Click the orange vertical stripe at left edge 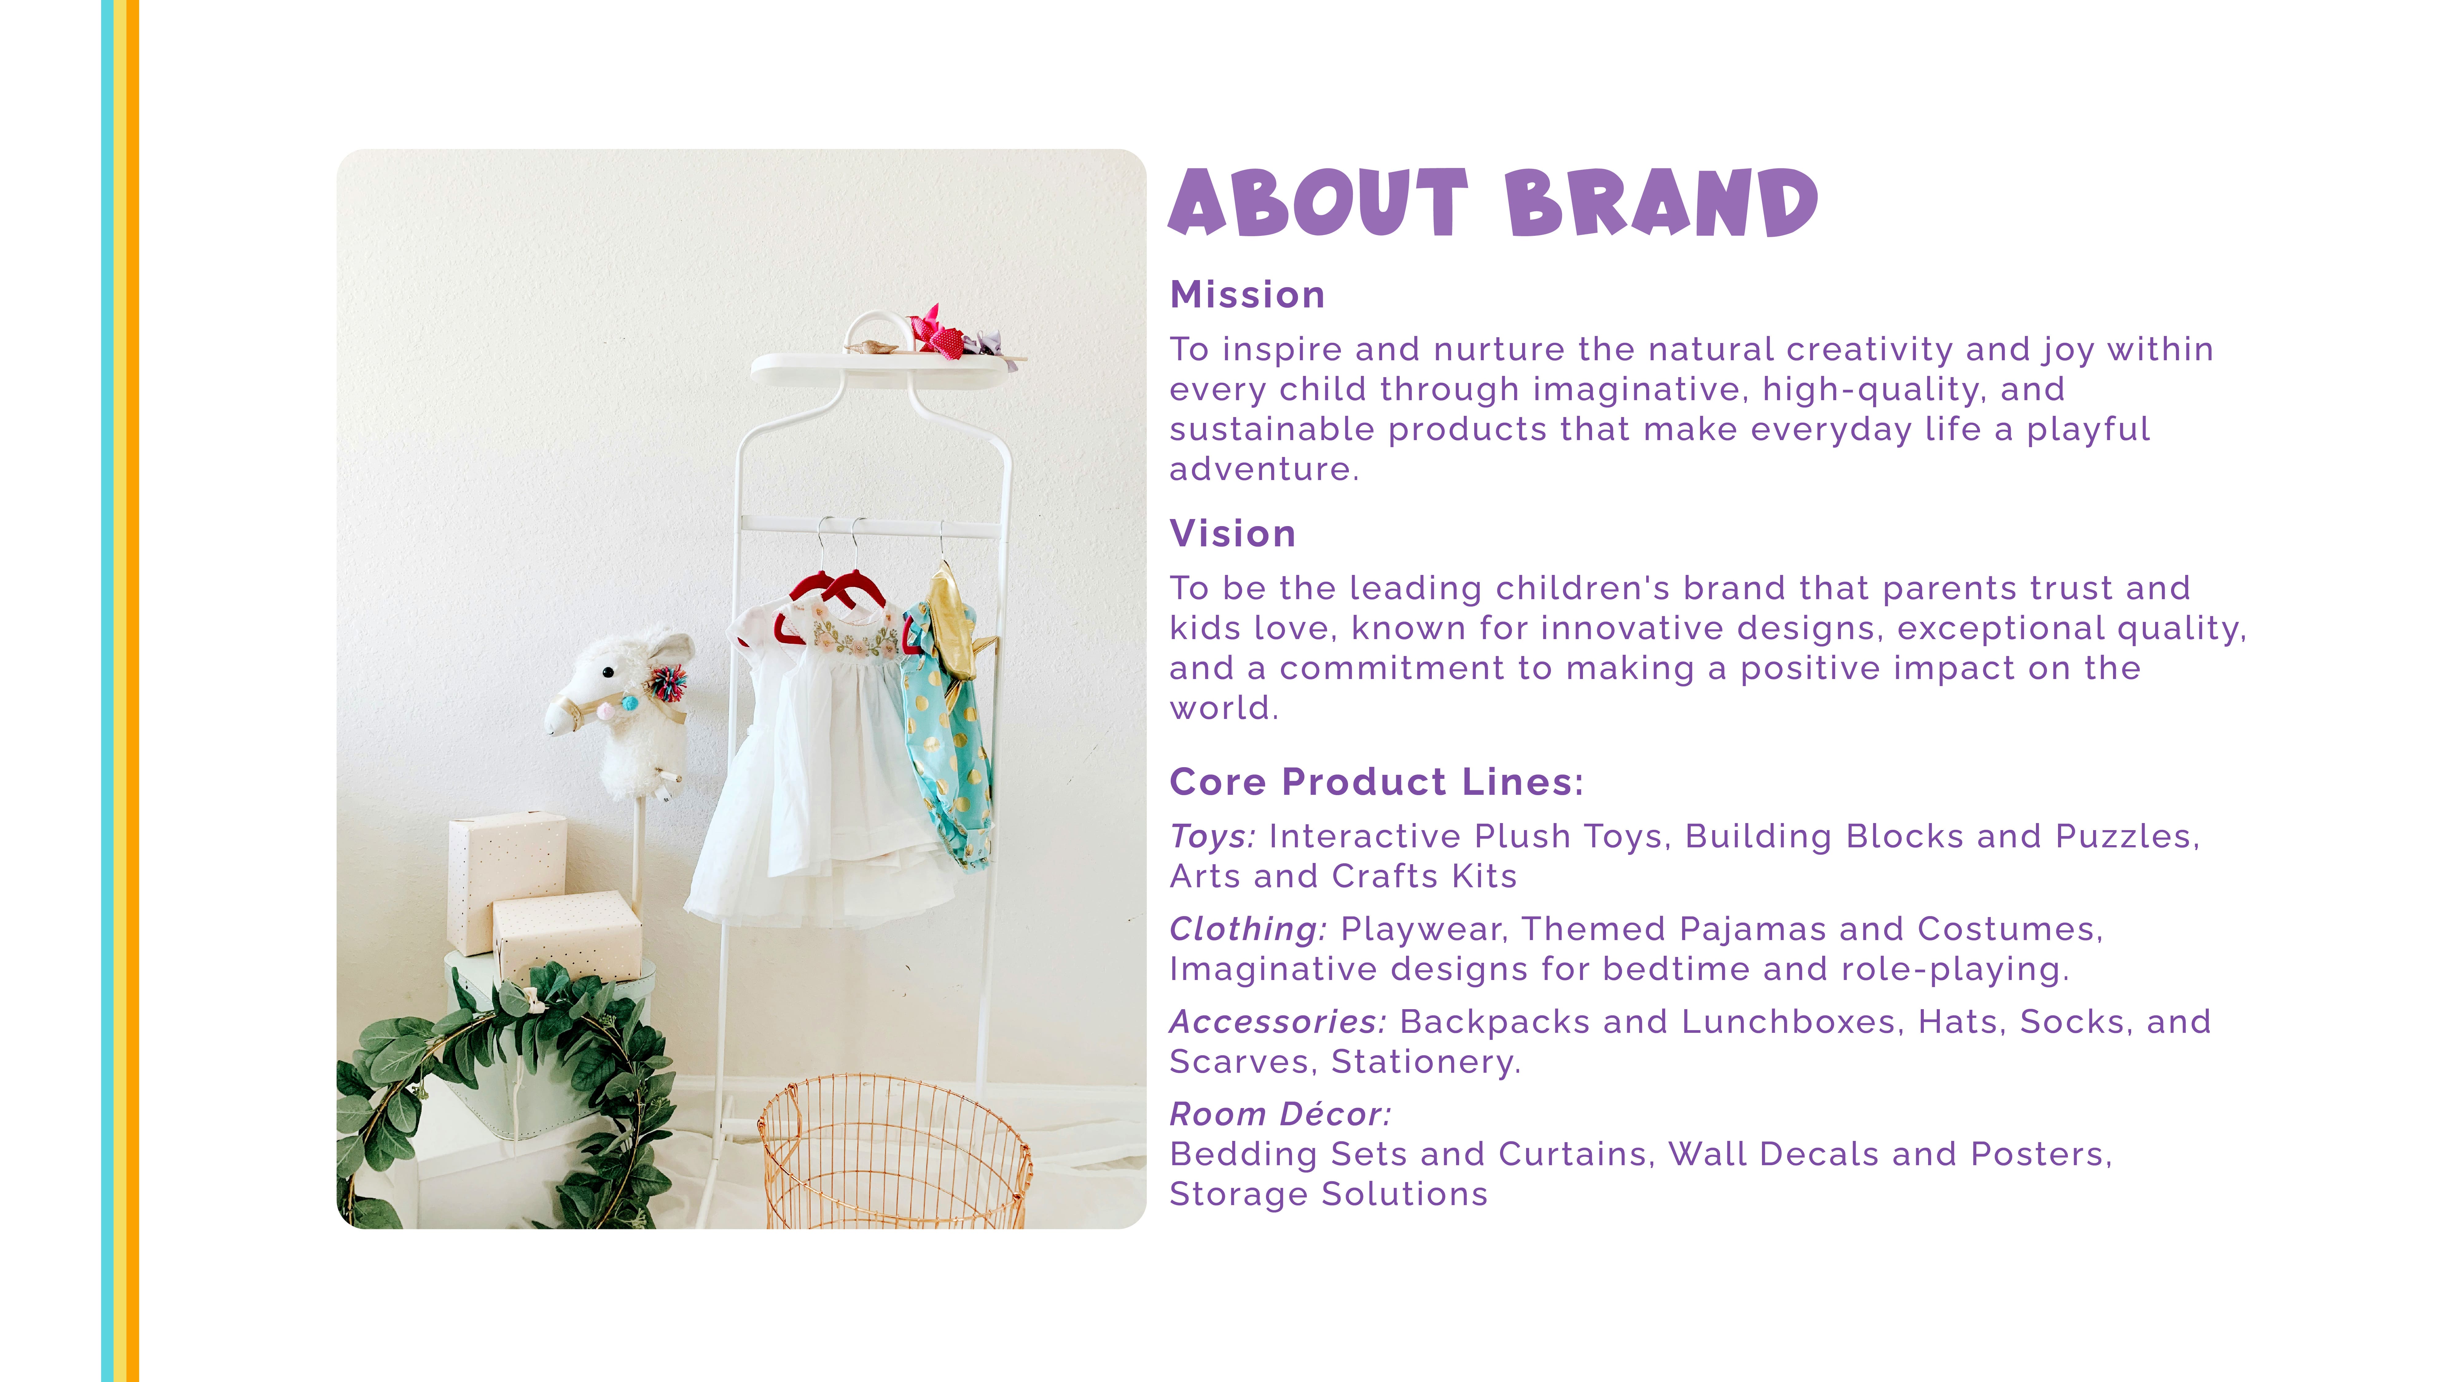[133, 690]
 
